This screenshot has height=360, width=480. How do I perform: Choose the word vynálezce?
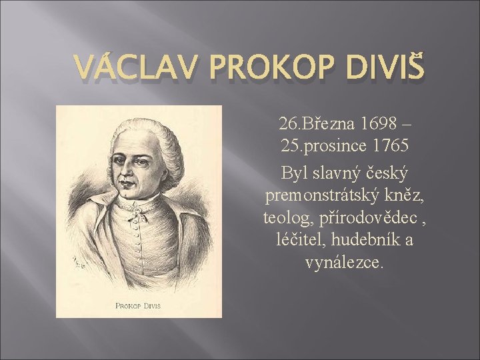pyautogui.click(x=344, y=262)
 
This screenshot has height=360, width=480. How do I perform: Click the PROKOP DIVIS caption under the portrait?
pyautogui.click(x=139, y=307)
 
